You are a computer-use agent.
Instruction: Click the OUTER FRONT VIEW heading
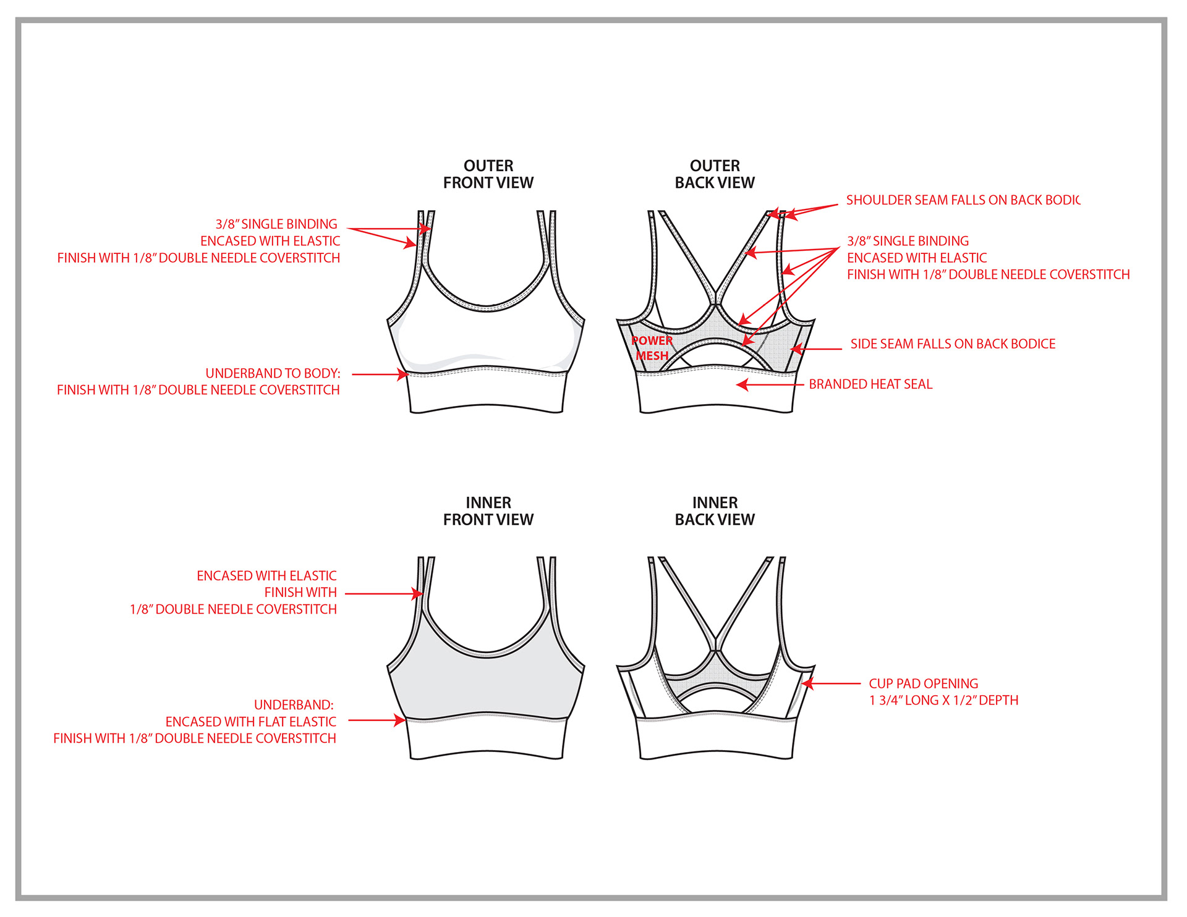click(x=488, y=174)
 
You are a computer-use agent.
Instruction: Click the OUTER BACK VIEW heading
click(x=714, y=174)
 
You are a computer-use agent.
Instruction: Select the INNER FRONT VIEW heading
click(x=488, y=511)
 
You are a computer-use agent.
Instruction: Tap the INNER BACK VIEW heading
click(x=714, y=511)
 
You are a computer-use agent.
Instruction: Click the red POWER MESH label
click(x=652, y=348)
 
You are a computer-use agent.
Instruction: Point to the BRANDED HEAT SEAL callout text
click(x=870, y=384)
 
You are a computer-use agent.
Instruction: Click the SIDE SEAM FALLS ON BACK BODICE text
click(x=952, y=344)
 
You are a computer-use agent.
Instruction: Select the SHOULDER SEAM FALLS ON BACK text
click(x=962, y=200)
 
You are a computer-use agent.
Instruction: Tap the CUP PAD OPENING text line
click(x=923, y=683)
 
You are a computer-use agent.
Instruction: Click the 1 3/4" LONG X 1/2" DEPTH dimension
click(x=943, y=701)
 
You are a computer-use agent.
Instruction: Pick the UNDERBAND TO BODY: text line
click(x=273, y=373)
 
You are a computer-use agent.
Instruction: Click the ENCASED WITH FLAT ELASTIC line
click(x=250, y=722)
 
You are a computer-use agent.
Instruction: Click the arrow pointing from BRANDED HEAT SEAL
click(x=770, y=385)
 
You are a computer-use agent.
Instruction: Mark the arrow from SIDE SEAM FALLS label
click(x=816, y=349)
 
